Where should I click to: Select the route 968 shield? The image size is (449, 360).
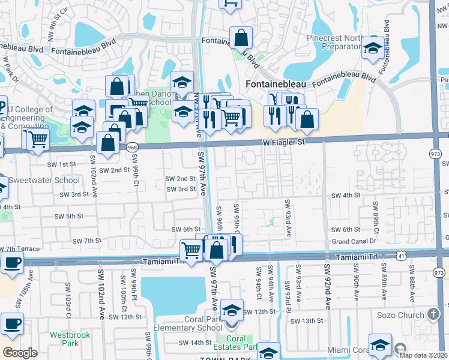133,146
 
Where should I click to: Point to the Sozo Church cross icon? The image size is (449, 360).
434,314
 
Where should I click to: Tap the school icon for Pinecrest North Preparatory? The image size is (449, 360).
373,48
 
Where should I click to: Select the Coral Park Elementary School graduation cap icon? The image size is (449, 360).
232,310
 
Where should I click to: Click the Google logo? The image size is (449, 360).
20,352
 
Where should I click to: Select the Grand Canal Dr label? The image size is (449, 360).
354,241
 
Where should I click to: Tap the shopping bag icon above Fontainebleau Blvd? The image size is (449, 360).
240,37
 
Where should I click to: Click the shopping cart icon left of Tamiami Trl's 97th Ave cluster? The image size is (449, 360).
191,250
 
